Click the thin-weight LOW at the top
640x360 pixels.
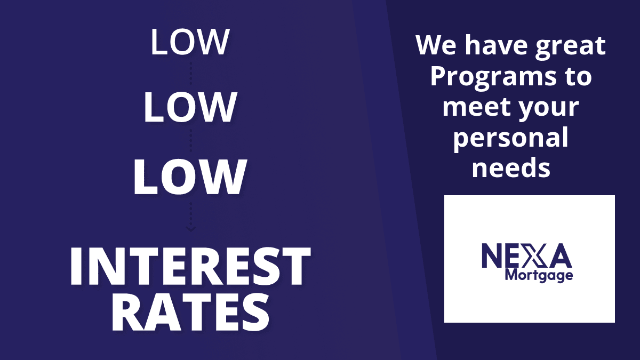190,42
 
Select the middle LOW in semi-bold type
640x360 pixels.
190,107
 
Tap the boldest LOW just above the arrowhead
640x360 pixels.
190,177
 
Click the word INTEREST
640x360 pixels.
190,266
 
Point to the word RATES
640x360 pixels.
190,313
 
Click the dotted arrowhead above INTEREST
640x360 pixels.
191,229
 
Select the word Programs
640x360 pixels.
493,77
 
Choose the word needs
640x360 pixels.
511,167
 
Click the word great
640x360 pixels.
570,46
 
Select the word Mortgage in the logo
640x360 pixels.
539,276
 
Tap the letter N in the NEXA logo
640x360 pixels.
492,255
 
